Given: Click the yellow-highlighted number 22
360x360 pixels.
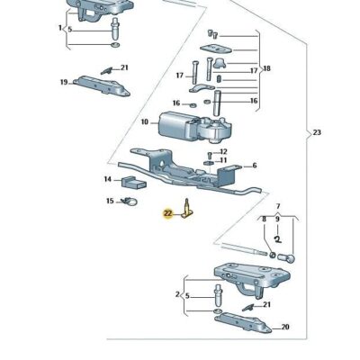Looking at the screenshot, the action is (x=167, y=213).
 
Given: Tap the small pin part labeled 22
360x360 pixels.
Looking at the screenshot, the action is (x=187, y=209).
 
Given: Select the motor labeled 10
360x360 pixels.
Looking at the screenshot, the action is (x=195, y=127).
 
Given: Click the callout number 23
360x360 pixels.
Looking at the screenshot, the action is (x=317, y=132).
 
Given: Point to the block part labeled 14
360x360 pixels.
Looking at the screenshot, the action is (x=133, y=183).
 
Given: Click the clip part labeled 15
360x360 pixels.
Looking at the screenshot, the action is (x=129, y=202).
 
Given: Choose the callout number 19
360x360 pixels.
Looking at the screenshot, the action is (x=64, y=82).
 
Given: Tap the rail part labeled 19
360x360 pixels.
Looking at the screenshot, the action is (x=102, y=85).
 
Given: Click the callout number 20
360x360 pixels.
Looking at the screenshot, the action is (x=285, y=327).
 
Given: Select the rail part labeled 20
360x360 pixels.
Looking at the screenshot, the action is (x=243, y=322).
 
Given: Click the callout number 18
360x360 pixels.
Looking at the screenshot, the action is (x=266, y=68).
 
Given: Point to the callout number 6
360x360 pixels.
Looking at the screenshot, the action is (x=255, y=166).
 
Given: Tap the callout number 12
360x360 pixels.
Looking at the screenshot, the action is (x=223, y=152).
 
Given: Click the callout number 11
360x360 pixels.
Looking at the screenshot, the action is (x=223, y=160).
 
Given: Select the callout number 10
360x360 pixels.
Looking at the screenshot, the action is (x=145, y=122).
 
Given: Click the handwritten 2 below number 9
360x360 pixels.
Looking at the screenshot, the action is (x=278, y=239).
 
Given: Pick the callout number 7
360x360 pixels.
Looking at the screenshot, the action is (x=278, y=206).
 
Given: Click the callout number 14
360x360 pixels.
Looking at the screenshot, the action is (x=108, y=179).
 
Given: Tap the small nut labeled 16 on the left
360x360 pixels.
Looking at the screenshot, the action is (x=193, y=105).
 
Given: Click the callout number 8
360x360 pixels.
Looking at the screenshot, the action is (x=264, y=220).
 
